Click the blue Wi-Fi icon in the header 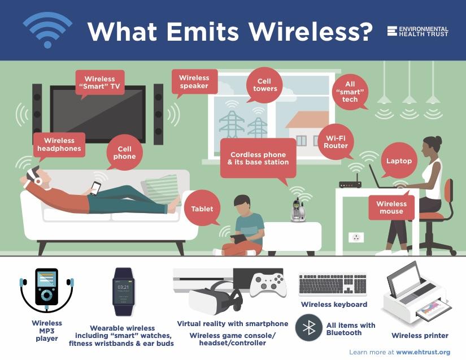[x=47, y=30]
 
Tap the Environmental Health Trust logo [x=417, y=31]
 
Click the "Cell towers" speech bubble [x=264, y=85]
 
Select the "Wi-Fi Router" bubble [x=336, y=142]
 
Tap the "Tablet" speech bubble [x=202, y=209]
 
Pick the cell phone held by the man [x=95, y=188]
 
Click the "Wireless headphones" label [x=59, y=145]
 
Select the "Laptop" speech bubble [x=399, y=161]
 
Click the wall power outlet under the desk [x=356, y=237]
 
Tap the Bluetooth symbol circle [x=309, y=328]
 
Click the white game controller [x=268, y=285]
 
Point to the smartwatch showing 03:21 [x=123, y=292]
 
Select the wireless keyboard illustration [x=332, y=285]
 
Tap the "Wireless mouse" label [x=391, y=207]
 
